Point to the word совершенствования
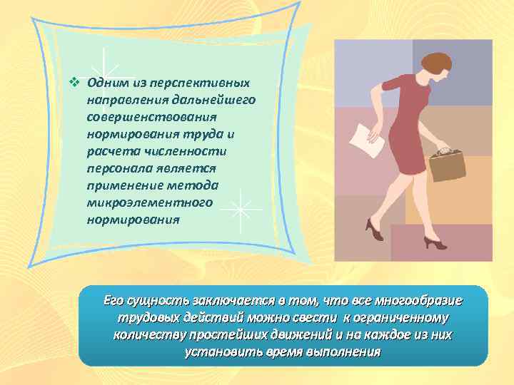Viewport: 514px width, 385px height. click(151, 115)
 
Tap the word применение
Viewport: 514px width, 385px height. click(124, 185)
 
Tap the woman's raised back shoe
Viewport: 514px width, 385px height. click(373, 230)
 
